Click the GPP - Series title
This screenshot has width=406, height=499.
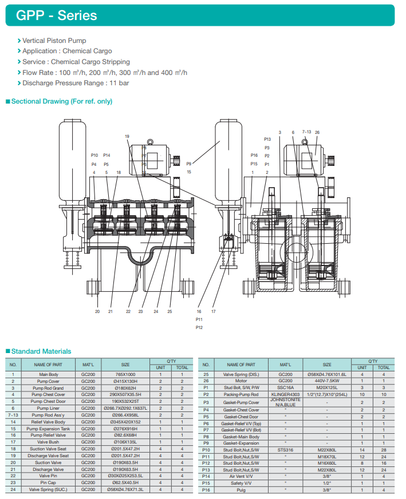[57, 15]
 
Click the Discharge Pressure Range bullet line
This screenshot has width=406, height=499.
[76, 83]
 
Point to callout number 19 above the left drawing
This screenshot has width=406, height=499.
[127, 136]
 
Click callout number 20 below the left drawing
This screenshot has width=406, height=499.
[97, 311]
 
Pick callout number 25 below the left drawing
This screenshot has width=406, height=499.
[170, 311]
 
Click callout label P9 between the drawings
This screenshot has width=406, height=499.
[188, 164]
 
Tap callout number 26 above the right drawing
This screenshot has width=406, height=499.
[317, 132]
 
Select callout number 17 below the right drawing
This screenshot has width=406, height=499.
[214, 312]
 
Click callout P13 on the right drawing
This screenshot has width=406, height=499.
[267, 140]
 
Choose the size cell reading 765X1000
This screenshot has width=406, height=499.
[125, 374]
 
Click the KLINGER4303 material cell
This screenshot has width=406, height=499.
[286, 394]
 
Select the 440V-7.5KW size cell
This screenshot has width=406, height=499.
[327, 381]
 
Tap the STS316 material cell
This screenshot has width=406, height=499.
[286, 450]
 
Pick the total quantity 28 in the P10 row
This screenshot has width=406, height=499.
[384, 450]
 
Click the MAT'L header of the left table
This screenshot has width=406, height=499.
[88, 365]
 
